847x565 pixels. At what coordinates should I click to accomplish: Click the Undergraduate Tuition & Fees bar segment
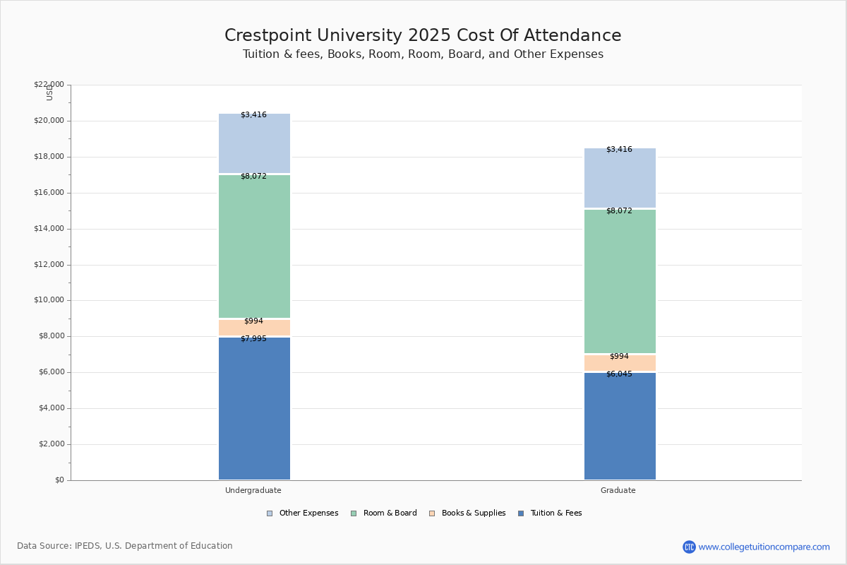(x=255, y=408)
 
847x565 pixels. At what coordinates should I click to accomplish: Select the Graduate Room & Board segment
(x=620, y=281)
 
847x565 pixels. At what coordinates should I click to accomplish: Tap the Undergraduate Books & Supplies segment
(x=255, y=327)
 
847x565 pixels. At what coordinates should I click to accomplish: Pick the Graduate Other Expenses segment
(x=620, y=178)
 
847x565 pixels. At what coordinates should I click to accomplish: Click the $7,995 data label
(x=253, y=339)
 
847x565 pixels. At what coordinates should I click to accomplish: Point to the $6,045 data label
(x=619, y=374)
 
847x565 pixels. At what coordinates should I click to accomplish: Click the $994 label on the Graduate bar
(x=619, y=356)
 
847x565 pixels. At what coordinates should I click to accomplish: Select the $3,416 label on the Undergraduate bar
(x=253, y=114)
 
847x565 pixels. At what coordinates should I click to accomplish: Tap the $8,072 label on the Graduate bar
(x=619, y=210)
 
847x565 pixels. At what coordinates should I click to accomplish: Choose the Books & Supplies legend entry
(x=467, y=513)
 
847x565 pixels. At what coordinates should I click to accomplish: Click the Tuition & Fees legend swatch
(x=521, y=513)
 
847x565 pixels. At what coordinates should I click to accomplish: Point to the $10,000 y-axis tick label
(x=49, y=300)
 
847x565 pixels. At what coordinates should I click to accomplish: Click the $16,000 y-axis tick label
(x=49, y=192)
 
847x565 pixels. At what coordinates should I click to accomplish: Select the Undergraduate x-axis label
(x=253, y=490)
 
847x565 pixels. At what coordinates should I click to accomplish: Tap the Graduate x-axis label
(x=618, y=490)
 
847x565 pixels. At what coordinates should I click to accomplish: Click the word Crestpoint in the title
(x=268, y=35)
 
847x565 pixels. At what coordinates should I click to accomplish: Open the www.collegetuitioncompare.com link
(x=764, y=547)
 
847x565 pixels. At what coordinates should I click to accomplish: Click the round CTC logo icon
(x=689, y=547)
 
